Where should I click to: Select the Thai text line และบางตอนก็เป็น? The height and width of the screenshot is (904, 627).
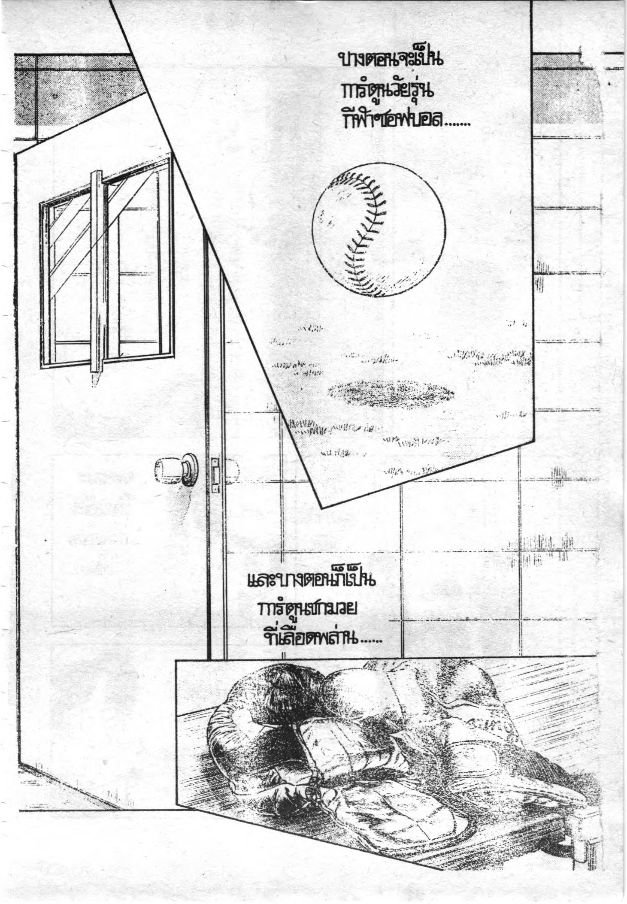point(312,583)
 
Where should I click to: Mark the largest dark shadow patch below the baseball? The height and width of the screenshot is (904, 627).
point(391,391)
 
